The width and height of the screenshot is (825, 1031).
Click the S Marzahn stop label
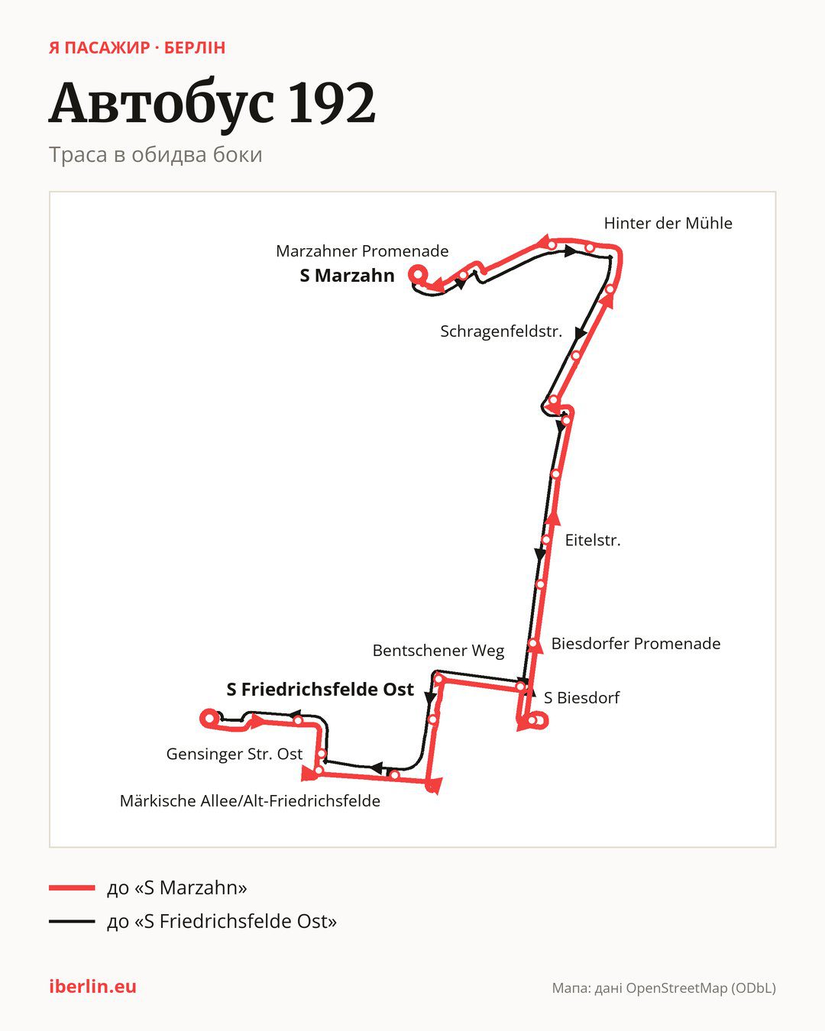click(x=347, y=276)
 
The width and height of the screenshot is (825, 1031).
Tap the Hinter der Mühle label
click(x=668, y=223)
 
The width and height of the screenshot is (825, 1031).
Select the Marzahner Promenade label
click(x=362, y=251)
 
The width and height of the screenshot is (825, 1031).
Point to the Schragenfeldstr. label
click(x=501, y=331)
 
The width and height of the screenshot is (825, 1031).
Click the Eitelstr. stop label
click(x=593, y=541)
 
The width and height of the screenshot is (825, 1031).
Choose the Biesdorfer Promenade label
click(x=636, y=643)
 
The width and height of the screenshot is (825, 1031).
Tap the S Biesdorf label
click(x=581, y=697)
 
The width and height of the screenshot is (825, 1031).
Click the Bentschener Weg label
click(x=438, y=651)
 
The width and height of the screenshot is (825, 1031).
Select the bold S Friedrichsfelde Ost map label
click(x=320, y=690)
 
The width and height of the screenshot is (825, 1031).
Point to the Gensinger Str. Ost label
click(x=234, y=754)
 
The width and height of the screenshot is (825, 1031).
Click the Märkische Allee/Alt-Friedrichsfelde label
click(x=250, y=801)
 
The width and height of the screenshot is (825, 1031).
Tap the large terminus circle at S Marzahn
click(x=418, y=275)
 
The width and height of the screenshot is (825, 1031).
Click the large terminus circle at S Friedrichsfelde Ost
click(x=209, y=718)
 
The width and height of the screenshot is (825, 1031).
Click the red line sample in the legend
click(x=72, y=887)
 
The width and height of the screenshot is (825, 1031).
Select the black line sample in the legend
click(x=72, y=921)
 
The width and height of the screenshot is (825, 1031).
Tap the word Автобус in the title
click(x=162, y=105)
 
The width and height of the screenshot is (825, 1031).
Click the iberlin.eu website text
click(x=93, y=987)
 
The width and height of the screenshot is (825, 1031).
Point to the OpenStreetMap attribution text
click(x=664, y=988)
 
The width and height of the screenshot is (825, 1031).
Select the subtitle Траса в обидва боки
click(x=156, y=155)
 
